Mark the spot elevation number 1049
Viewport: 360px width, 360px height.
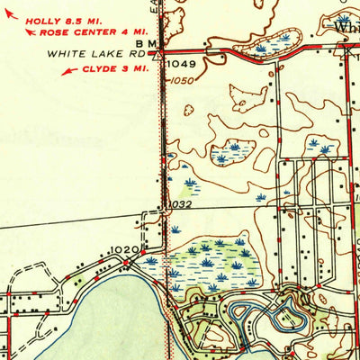(x=180, y=64)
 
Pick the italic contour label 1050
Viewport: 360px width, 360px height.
(x=183, y=80)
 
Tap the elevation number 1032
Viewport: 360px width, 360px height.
(x=179, y=205)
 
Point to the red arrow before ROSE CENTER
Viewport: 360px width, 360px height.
(x=31, y=32)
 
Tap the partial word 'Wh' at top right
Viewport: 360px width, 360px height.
(x=346, y=28)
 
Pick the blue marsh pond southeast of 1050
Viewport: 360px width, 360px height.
(x=232, y=156)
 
